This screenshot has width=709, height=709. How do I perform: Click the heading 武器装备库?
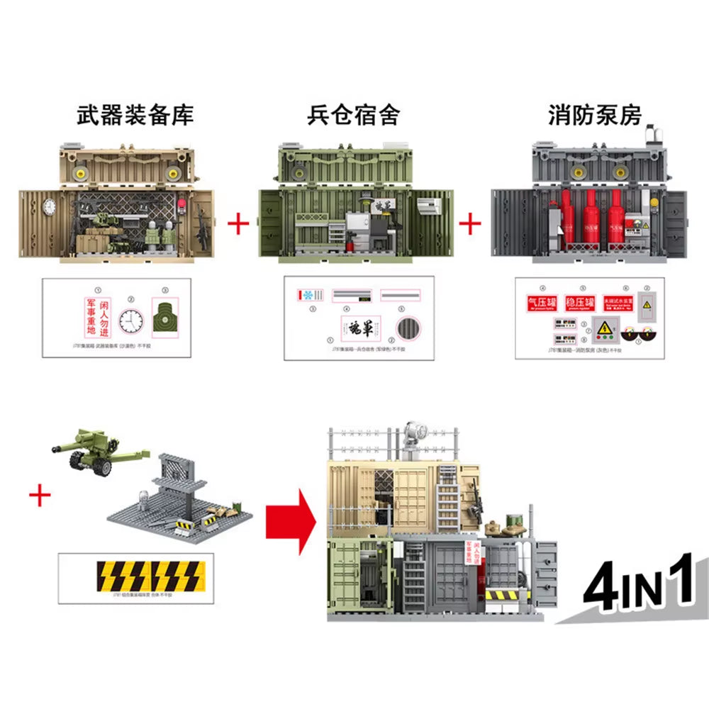[x=135, y=115]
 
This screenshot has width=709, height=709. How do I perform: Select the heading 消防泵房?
[x=593, y=115]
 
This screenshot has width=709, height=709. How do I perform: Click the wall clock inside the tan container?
[x=50, y=206]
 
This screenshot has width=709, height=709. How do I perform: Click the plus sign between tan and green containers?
[x=238, y=225]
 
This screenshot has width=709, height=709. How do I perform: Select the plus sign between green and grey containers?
[x=469, y=225]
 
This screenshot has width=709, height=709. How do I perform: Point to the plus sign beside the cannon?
[x=40, y=496]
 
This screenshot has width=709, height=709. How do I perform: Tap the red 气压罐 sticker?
[x=540, y=303]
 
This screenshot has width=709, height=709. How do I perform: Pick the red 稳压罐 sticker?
[x=579, y=303]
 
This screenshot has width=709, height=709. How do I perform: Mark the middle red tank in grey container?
[x=588, y=220]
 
